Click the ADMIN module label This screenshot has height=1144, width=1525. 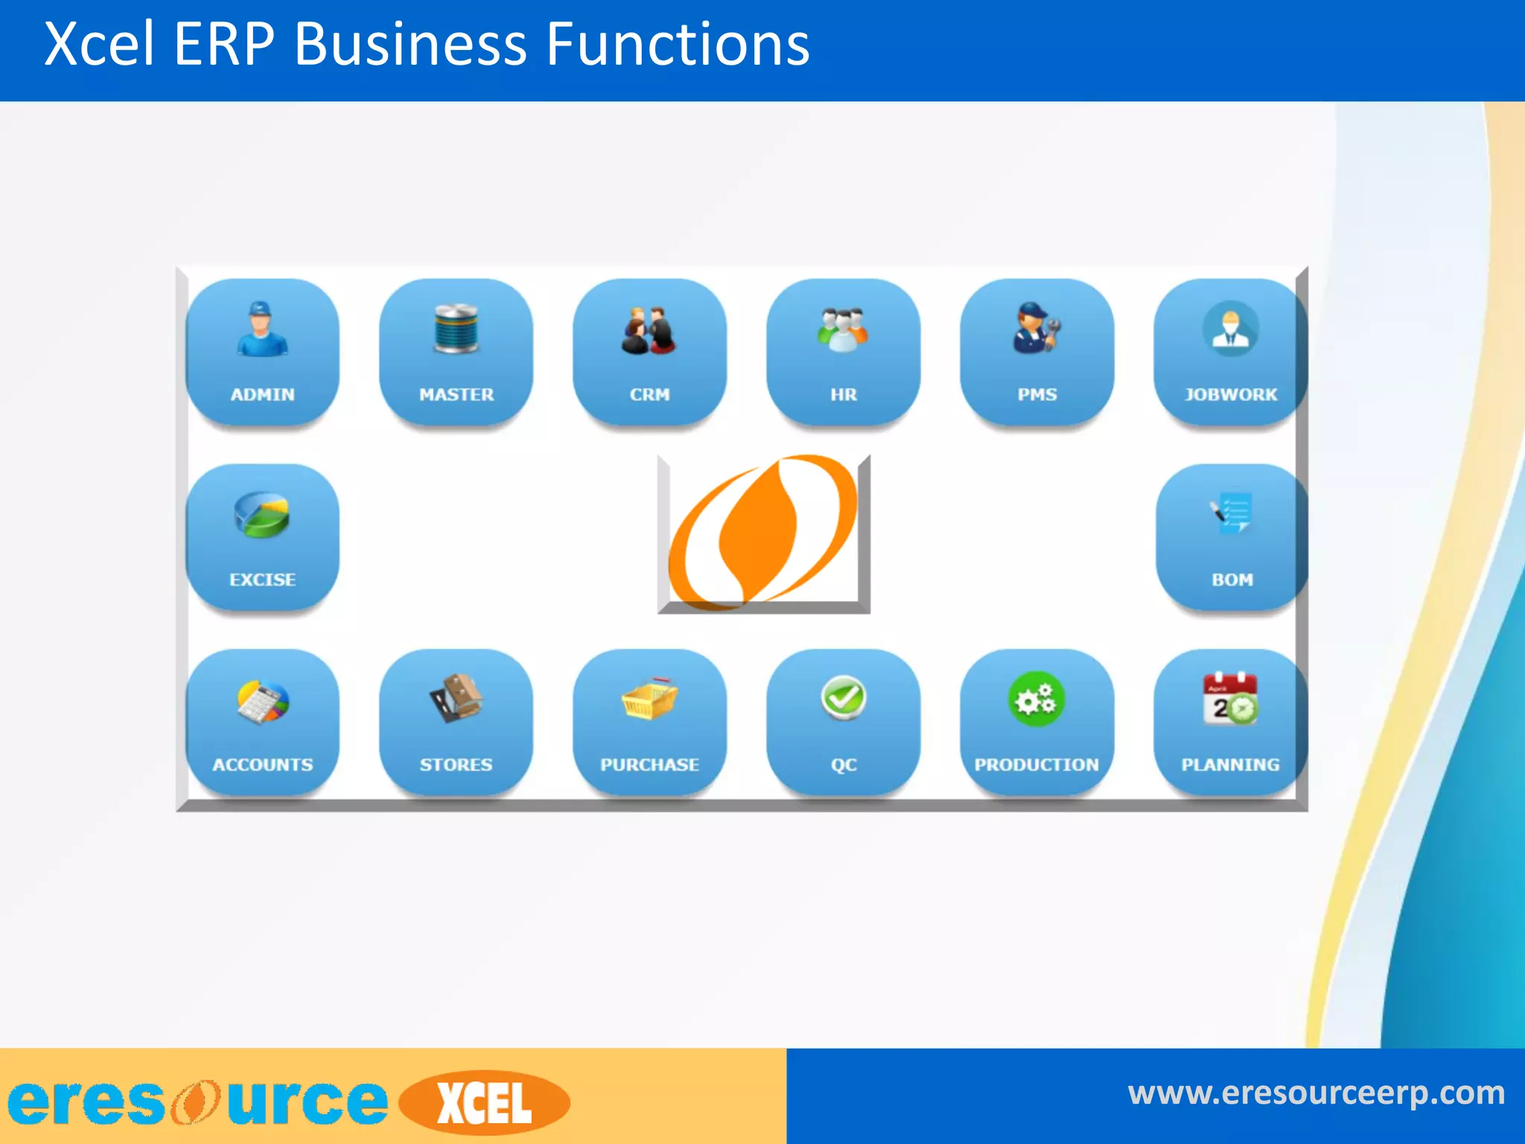tap(262, 394)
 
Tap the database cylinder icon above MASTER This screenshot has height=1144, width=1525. tap(456, 328)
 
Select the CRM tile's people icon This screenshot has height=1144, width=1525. tap(649, 330)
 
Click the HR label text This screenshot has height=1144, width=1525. tap(843, 394)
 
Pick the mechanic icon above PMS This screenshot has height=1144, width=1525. tap(1037, 327)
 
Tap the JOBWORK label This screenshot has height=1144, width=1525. tap(1230, 394)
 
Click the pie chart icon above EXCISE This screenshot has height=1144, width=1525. tap(261, 515)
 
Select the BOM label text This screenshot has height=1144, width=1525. tap(1232, 579)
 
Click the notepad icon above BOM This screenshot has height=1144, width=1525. tap(1232, 512)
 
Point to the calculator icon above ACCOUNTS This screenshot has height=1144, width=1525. tap(262, 701)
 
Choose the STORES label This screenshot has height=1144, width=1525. tap(456, 764)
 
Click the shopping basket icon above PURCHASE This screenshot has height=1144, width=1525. tap(649, 699)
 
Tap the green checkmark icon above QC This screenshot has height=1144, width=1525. tap(843, 698)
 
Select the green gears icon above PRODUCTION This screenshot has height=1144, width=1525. tap(1036, 699)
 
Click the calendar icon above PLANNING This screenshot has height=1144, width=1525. tap(1230, 699)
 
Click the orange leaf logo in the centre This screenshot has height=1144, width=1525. tap(762, 532)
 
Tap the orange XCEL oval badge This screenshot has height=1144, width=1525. tap(485, 1103)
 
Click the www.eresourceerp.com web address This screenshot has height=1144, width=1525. tap(1316, 1093)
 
